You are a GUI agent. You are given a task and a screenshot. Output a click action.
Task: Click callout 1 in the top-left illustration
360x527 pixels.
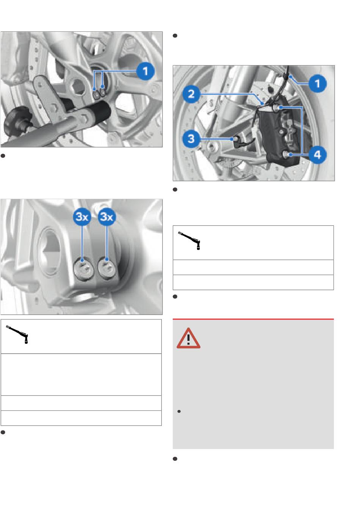click(x=145, y=71)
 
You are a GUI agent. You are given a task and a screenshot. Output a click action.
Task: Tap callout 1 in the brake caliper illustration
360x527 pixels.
click(x=318, y=83)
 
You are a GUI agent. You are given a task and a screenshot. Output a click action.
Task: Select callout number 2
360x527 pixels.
click(x=191, y=94)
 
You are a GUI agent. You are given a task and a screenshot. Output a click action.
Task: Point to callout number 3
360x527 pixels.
click(x=191, y=139)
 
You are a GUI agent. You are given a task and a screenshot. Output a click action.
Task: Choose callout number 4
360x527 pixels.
click(x=318, y=155)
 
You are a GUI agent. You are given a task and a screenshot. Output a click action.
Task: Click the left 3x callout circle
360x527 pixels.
click(x=82, y=217)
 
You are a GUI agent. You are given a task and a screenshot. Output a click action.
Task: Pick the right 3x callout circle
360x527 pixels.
click(x=107, y=217)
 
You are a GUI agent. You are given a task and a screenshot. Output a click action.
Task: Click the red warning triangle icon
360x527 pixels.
click(x=188, y=338)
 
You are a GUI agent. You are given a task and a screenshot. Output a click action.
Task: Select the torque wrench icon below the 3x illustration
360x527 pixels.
click(x=17, y=334)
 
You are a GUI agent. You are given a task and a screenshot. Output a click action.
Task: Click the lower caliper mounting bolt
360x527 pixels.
click(x=286, y=154)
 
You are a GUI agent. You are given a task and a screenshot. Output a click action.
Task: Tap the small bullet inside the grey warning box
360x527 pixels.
click(x=179, y=411)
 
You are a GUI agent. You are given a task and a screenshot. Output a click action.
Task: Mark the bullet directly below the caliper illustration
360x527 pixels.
click(x=175, y=190)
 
